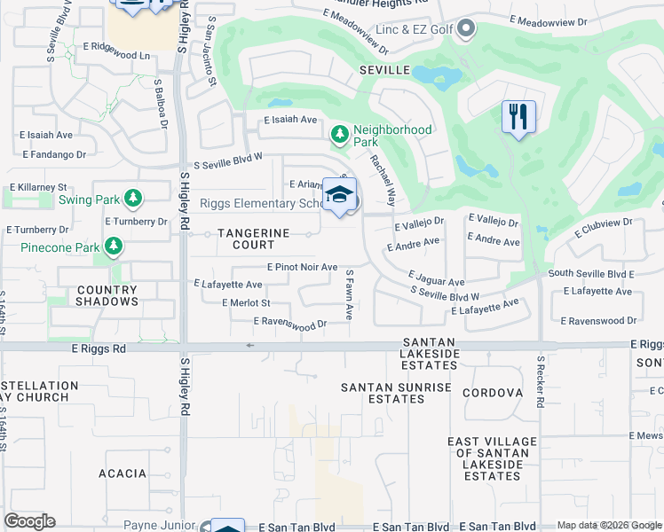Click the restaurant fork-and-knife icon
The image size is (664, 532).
tap(518, 117)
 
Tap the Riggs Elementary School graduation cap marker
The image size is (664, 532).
tap(339, 195)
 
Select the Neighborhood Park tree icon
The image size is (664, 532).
tap(338, 135)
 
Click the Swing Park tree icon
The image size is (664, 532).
tap(133, 198)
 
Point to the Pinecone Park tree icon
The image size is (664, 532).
tap(113, 246)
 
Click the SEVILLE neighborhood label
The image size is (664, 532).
tap(384, 69)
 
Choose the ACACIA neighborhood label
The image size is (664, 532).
tap(123, 473)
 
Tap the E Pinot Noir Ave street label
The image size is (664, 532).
tap(302, 267)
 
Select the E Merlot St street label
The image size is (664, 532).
tap(246, 303)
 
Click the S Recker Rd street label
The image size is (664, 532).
tap(540, 382)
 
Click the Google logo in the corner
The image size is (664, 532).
tap(30, 521)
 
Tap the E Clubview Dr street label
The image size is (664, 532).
tap(603, 228)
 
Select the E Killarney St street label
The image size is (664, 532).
tap(39, 188)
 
